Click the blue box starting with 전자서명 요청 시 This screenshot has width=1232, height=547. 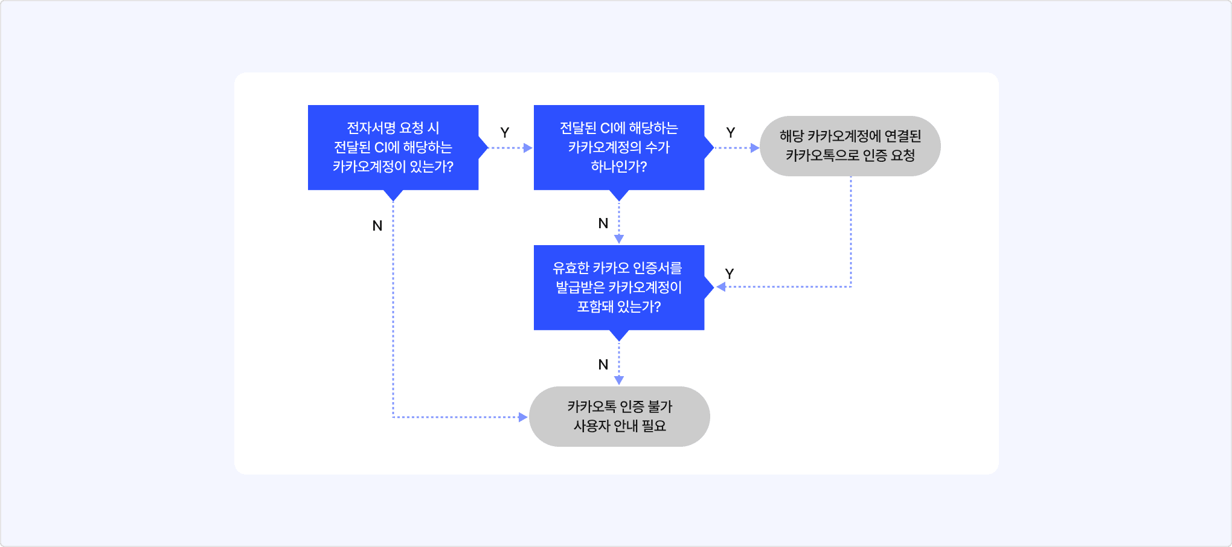point(393,147)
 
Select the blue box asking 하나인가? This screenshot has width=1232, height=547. point(619,147)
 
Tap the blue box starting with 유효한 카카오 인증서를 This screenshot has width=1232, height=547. point(619,287)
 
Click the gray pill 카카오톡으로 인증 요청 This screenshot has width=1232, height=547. point(850,146)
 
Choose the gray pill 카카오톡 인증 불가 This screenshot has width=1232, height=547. point(619,417)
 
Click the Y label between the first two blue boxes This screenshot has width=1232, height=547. point(505,133)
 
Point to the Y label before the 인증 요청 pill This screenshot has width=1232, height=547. point(731,133)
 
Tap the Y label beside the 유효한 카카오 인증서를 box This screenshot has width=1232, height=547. point(730,274)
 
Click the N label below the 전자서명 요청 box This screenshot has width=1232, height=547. point(377,226)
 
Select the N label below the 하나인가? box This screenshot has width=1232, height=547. point(603,223)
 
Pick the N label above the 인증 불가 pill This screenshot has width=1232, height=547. point(603,365)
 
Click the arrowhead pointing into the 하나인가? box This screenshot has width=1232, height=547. point(528,148)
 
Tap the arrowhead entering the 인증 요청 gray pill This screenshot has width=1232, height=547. point(754,148)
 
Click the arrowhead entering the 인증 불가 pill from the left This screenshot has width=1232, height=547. point(523,417)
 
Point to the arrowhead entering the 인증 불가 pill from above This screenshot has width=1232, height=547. point(619,380)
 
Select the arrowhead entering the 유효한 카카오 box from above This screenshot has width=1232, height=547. point(619,239)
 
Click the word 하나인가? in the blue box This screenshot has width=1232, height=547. point(619,167)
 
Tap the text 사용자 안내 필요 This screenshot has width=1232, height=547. point(620,426)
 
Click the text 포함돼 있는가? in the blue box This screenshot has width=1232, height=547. point(619,307)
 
